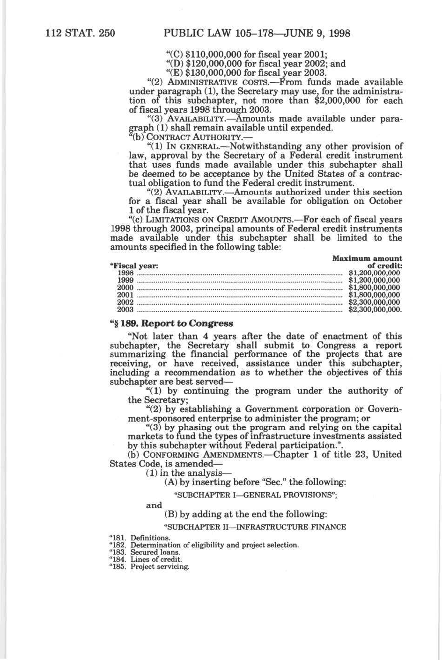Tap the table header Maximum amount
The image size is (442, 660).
click(367, 258)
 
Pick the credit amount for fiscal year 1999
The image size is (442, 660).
click(375, 280)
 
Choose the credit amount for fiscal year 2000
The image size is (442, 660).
click(375, 287)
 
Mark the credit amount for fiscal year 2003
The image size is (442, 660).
click(375, 309)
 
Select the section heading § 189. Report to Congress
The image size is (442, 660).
click(171, 323)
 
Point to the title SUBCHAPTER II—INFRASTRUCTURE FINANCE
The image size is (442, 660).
click(255, 527)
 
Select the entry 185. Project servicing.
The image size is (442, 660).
click(149, 567)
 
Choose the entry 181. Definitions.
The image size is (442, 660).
click(140, 538)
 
